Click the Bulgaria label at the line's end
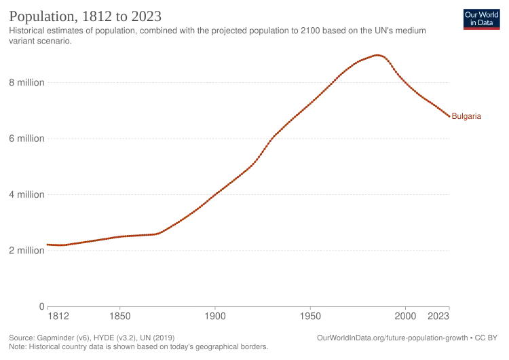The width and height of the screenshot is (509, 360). tap(468, 117)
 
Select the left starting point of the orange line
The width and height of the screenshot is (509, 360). tap(46, 245)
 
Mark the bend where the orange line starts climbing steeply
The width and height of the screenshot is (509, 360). tap(162, 233)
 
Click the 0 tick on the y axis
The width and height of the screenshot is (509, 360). tap(42, 303)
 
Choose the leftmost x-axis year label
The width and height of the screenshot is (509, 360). tap(60, 315)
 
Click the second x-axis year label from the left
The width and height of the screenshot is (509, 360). tap(119, 315)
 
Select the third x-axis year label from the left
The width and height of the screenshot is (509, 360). tap(217, 315)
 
